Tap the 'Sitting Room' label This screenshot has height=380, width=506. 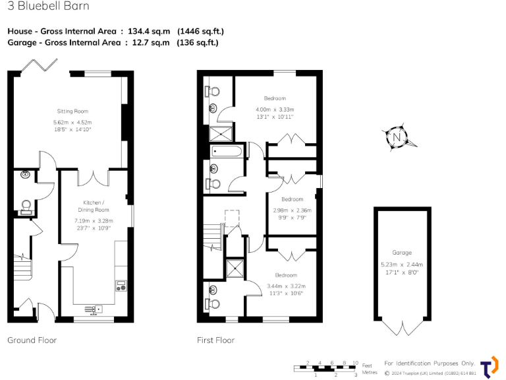point(72,111)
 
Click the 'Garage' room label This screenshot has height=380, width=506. point(402,253)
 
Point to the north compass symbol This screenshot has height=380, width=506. point(397,137)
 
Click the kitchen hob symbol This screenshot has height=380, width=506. point(121,285)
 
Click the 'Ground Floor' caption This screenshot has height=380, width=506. point(32,340)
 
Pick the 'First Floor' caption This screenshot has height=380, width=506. point(215,340)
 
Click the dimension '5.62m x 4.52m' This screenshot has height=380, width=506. point(72,122)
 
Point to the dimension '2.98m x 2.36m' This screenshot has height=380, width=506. point(293,210)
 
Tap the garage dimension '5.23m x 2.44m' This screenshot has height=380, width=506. point(402,264)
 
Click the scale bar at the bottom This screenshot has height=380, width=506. point(327,368)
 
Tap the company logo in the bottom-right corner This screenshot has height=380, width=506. point(488,367)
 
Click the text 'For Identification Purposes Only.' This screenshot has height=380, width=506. point(429,364)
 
